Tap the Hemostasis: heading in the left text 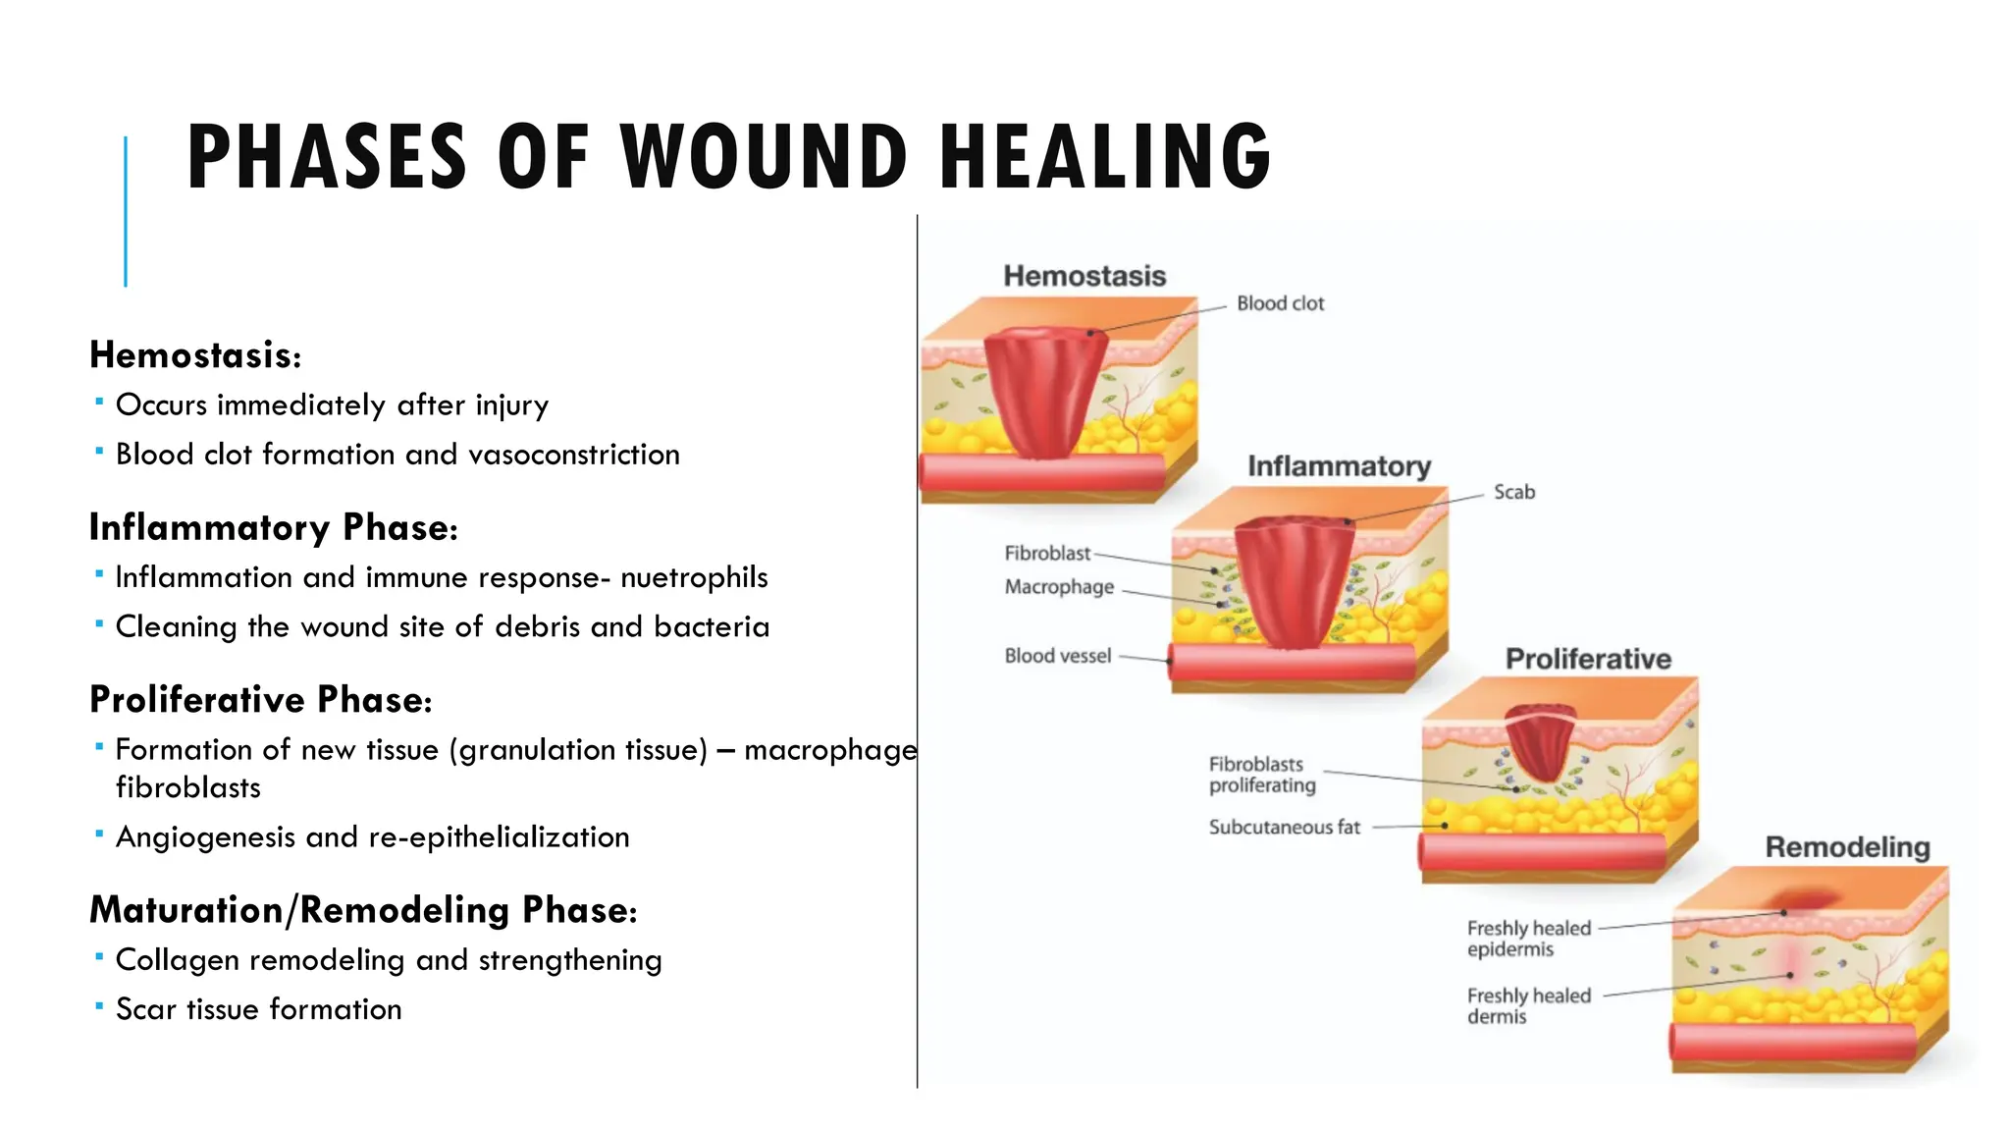(x=195, y=355)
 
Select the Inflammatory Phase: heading (x=273, y=527)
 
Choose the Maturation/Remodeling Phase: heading (x=363, y=910)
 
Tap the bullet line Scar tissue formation (x=258, y=1009)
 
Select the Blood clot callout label (x=1280, y=303)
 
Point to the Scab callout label (x=1513, y=492)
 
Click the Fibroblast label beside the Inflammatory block (x=1047, y=554)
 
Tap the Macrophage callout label (x=1059, y=587)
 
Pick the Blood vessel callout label (x=1057, y=656)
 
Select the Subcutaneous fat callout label (x=1284, y=828)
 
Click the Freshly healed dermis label (x=1528, y=1006)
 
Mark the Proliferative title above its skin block (x=1588, y=659)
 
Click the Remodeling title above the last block (x=1847, y=847)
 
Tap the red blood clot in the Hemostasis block (x=1044, y=393)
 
